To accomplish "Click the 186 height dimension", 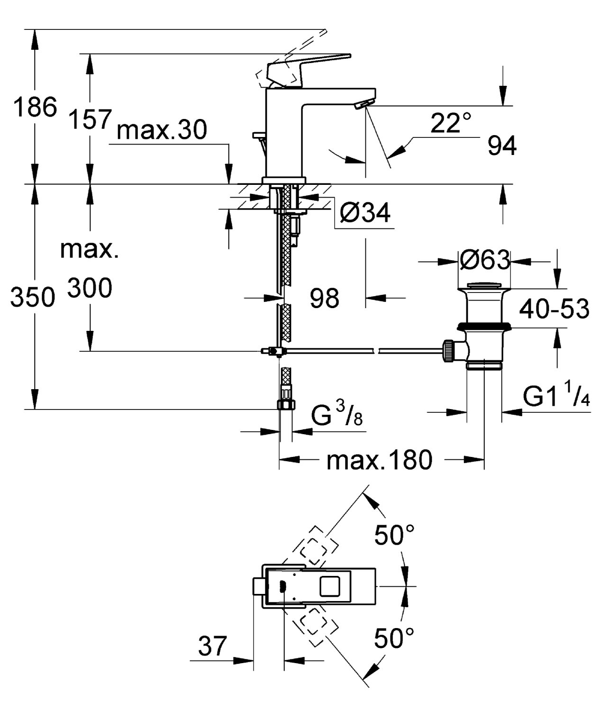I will pos(35,107).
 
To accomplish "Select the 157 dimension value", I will pos(90,119).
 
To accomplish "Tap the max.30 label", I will pos(162,130).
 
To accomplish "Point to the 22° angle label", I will pos(451,123).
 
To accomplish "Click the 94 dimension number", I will pos(502,146).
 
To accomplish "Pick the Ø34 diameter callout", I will pos(365,213).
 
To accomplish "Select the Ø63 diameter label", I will pos(484,260).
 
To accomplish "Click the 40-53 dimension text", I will pos(554,309).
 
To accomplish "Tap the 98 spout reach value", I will pos(325,298).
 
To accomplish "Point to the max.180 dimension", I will pos(379,459).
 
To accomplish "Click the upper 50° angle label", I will pos(394,536).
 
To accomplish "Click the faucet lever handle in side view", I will pos(308,66).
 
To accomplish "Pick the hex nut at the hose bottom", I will pos(285,404).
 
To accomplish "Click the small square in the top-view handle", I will pos(330,586).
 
